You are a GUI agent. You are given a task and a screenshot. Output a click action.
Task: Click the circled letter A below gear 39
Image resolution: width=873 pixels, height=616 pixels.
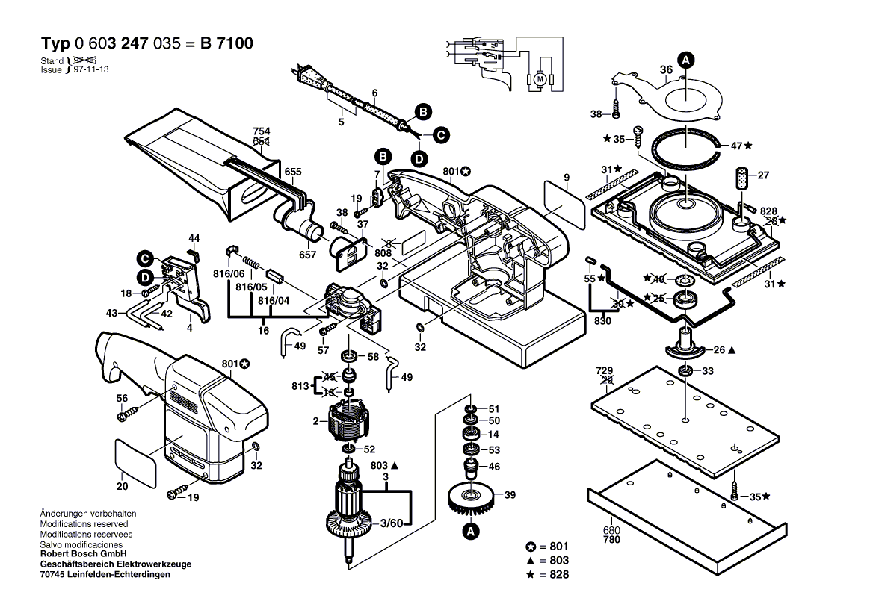coord(470,532)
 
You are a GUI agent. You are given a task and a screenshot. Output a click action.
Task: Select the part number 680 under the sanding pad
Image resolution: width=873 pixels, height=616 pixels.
coord(611,531)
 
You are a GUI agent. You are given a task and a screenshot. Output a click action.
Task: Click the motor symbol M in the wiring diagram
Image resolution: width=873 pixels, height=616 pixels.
coord(538,78)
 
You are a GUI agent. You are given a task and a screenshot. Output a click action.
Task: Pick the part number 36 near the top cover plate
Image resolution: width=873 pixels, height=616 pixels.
coord(666,70)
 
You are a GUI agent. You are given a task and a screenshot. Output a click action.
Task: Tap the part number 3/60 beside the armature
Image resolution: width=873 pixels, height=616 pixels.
coord(392,523)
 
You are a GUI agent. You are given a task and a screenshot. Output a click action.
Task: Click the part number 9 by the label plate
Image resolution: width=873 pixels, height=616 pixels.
coord(567,177)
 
